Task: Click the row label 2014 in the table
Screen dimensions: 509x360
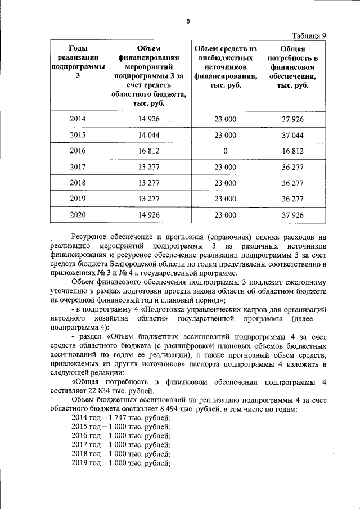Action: pos(78,119)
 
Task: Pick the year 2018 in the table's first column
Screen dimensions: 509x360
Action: pos(78,183)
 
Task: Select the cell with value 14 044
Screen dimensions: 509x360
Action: pos(149,135)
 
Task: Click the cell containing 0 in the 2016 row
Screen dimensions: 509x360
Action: pos(226,151)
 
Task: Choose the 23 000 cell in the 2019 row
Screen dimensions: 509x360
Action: pos(226,199)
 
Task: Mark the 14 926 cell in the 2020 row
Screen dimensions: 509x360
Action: pos(149,215)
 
